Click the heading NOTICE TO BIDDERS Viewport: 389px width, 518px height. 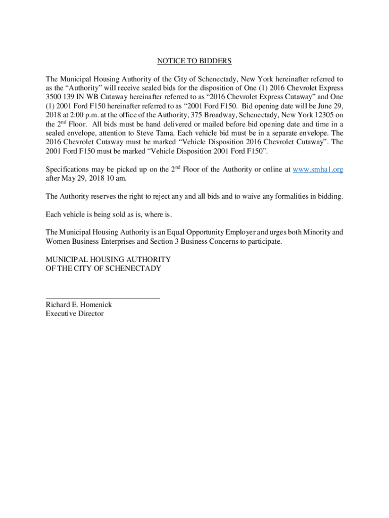[x=194, y=61]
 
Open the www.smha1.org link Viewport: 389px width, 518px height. [x=318, y=170]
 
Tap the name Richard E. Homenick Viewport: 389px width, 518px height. [x=79, y=305]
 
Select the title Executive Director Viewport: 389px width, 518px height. [x=74, y=314]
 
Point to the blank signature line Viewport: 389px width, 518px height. [x=103, y=297]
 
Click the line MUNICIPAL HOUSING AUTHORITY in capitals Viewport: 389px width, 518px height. [x=108, y=260]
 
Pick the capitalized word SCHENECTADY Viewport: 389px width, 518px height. [x=133, y=269]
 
